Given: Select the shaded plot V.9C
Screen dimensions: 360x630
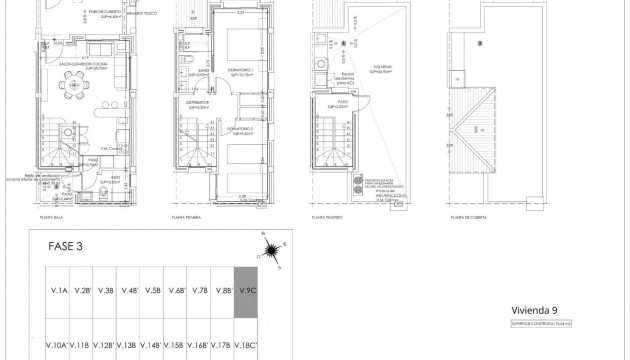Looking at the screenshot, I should tap(246, 291).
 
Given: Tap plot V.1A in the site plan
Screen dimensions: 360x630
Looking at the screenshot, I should tap(59, 291).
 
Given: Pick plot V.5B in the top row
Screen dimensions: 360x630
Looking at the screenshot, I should tap(153, 291).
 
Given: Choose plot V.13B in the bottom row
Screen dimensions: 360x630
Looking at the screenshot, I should tap(128, 345).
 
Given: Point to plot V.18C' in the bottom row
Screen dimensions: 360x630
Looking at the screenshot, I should tap(246, 345).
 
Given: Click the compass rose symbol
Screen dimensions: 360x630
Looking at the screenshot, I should tap(270, 249).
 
